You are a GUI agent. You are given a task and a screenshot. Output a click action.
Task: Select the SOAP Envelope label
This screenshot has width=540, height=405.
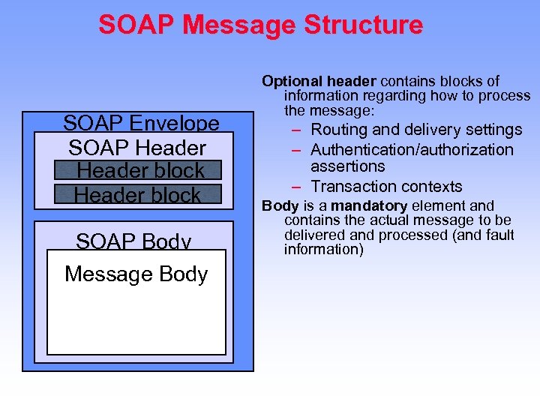[x=141, y=123]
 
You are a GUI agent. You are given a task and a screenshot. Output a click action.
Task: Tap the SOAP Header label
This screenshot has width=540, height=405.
[x=137, y=147]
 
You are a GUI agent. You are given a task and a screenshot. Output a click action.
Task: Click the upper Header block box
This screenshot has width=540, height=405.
[x=139, y=170]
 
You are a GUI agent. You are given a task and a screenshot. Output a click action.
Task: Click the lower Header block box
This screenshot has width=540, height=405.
[x=138, y=194]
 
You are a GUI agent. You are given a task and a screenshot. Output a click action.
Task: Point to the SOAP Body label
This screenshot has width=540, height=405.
[x=133, y=241]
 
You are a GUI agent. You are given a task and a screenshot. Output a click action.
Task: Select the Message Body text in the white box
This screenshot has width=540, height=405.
[x=136, y=274]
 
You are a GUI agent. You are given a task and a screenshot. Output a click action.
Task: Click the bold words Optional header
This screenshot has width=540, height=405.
[x=319, y=81]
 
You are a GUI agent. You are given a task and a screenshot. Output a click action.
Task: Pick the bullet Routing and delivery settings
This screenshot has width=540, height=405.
[x=416, y=130]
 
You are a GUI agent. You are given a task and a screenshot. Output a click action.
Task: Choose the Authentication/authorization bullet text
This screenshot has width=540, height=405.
[x=412, y=149]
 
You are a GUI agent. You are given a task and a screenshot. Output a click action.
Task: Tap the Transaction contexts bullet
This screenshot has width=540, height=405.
[x=386, y=186]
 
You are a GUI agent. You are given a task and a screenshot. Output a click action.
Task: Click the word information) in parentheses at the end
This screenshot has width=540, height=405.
[x=323, y=249]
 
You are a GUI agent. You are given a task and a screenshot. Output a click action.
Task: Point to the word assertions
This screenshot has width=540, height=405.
[x=347, y=166]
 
